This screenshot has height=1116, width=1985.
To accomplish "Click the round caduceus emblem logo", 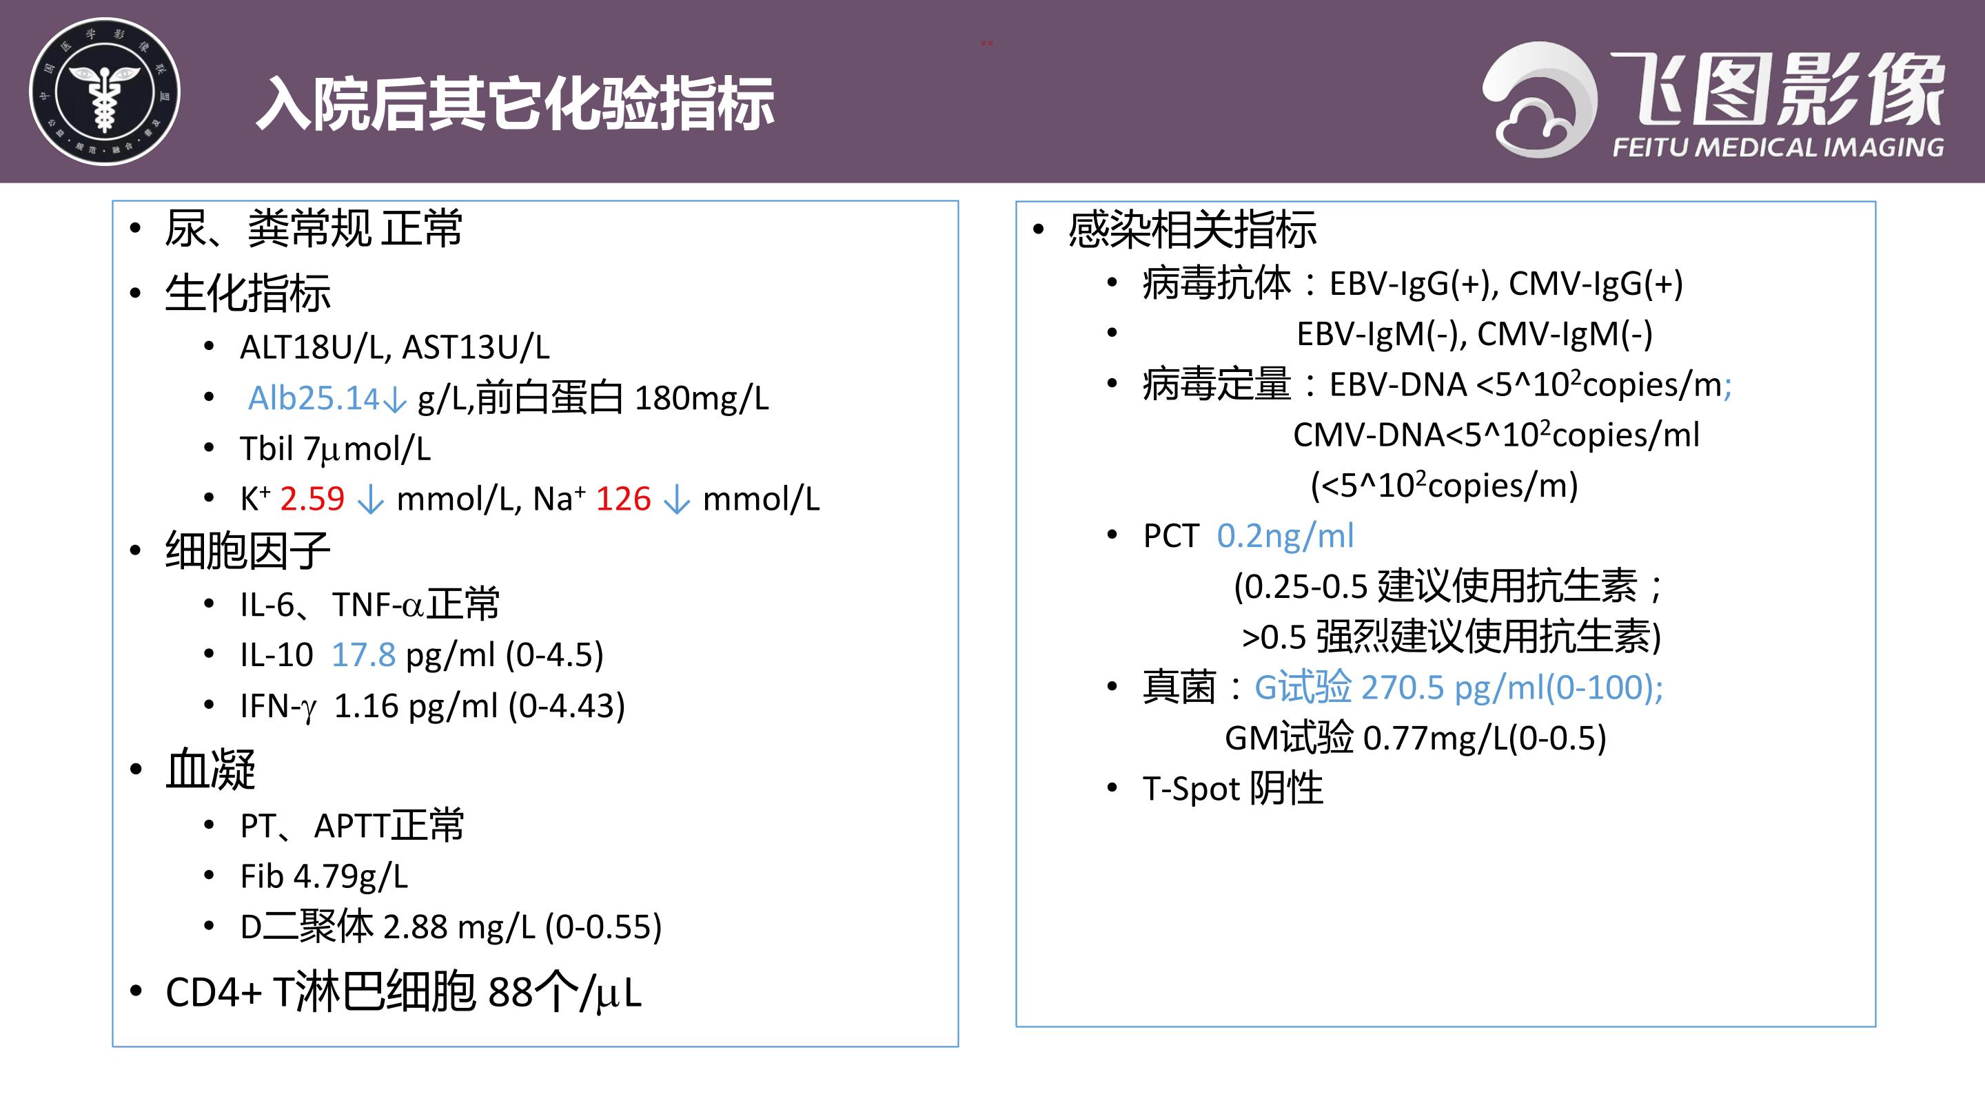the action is [104, 92].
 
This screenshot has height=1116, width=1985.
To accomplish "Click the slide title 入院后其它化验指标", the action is [515, 104].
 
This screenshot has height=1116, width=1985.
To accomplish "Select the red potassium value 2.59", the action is [312, 499].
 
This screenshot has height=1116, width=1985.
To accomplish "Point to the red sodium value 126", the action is [623, 499].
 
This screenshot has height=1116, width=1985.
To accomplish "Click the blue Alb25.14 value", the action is [314, 398].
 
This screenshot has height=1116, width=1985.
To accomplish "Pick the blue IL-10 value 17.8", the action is [364, 654].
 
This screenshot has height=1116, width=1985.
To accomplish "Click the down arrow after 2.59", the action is [371, 499].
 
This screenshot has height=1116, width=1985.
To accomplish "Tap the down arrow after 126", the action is [677, 499].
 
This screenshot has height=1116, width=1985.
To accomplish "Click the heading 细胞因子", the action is [247, 550].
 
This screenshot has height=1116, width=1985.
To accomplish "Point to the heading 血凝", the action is [210, 769].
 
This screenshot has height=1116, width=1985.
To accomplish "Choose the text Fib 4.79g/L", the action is [325, 876].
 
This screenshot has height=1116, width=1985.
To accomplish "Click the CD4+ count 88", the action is [510, 992].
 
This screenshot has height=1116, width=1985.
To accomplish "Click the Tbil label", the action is [267, 448].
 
